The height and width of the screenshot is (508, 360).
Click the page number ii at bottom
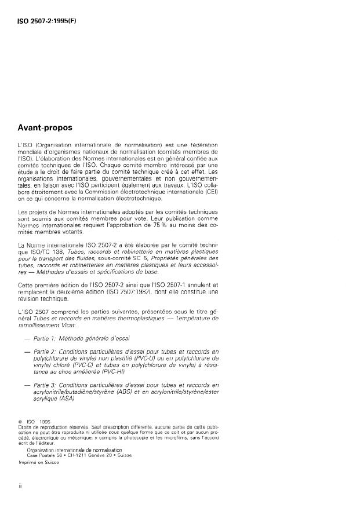pos(20,487)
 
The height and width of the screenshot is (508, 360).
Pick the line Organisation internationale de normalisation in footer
pos(75,449)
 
